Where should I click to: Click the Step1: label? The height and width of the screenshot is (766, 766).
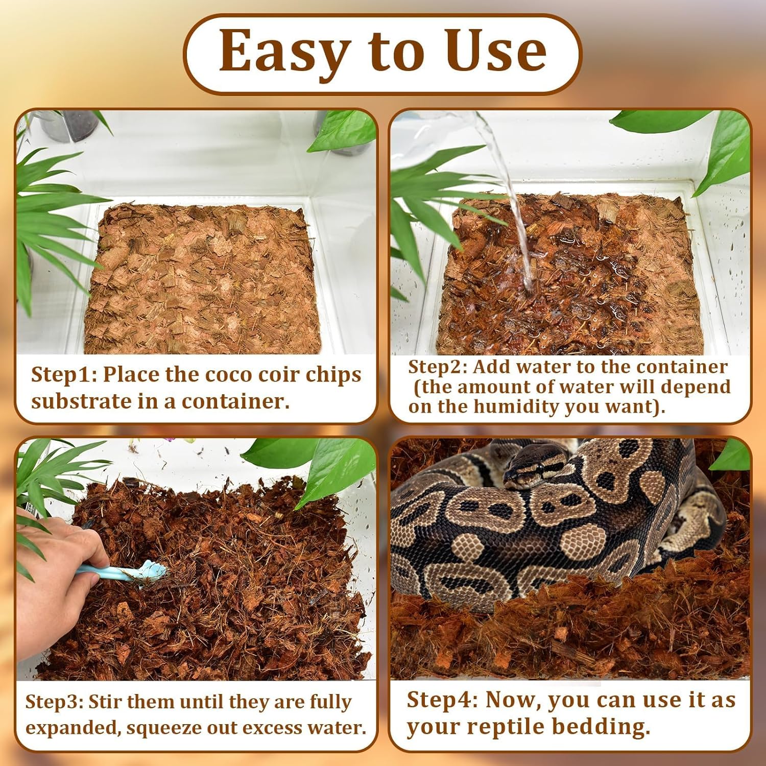63,375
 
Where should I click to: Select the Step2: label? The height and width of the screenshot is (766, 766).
437,367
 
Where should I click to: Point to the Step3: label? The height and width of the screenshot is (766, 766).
54,702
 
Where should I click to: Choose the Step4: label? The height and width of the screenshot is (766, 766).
442,700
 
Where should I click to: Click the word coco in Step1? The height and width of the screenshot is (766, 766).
229,375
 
